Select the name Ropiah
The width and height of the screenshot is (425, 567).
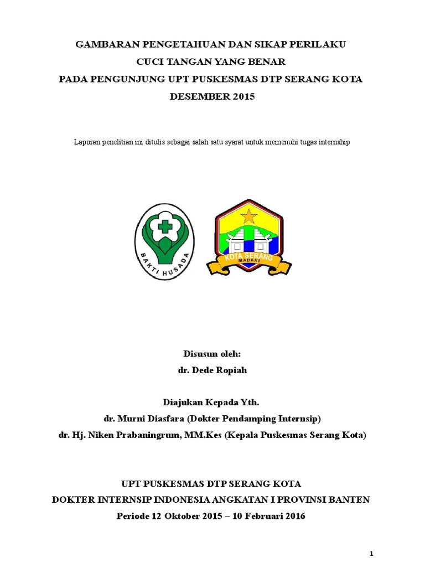click(228, 370)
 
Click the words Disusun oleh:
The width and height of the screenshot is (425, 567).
click(212, 354)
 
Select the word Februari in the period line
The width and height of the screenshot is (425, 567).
click(262, 516)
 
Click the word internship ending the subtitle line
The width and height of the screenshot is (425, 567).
click(333, 142)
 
